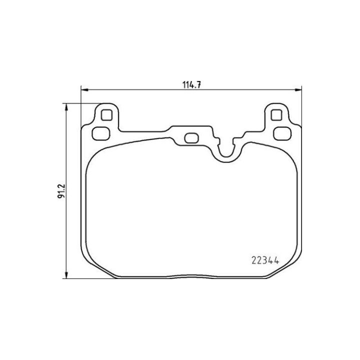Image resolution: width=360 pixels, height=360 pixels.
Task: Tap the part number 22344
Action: (264, 259)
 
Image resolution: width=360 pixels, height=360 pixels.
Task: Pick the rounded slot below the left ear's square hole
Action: (102, 133)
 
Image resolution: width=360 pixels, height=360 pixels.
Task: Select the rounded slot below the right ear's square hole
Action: (283, 133)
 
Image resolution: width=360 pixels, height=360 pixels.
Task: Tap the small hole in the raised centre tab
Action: (191, 137)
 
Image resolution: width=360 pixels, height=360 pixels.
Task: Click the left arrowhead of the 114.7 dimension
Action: (84, 90)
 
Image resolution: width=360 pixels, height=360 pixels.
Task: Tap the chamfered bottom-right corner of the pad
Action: (285, 268)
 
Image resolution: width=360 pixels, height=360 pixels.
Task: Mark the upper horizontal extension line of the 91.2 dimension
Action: (80, 103)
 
